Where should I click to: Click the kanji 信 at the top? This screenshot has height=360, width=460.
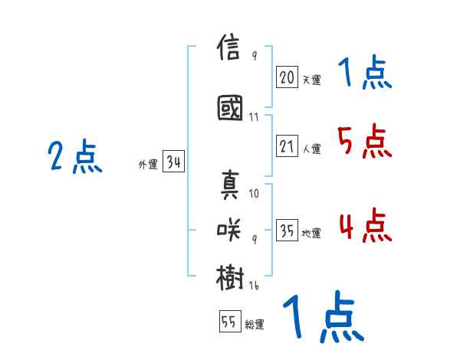[x=230, y=50]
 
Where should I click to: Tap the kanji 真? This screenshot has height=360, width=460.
[x=230, y=185]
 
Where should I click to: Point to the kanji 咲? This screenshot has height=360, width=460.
[x=230, y=227]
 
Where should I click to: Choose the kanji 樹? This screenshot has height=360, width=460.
[x=230, y=276]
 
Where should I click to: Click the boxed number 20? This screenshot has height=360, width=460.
[x=287, y=77]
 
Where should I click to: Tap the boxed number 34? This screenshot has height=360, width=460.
[x=172, y=162]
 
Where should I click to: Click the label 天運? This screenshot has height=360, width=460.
[x=311, y=79]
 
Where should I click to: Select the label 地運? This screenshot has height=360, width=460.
[x=311, y=234]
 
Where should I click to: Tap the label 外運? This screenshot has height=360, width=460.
[x=147, y=164]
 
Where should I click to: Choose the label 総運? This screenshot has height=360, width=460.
[x=255, y=324]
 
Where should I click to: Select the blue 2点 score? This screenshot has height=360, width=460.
[x=75, y=158]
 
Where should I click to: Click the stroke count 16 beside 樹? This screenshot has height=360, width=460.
[x=255, y=286]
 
